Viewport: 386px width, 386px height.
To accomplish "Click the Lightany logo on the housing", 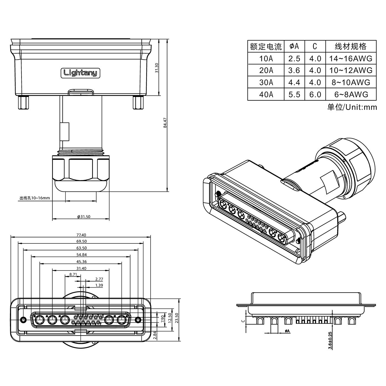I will (80, 73).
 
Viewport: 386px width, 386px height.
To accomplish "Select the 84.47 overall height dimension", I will (165, 123).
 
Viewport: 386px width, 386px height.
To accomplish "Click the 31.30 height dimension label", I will (157, 68).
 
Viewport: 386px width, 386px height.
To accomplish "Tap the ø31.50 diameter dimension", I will (84, 217).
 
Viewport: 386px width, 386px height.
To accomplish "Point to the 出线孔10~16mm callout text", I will (35, 198).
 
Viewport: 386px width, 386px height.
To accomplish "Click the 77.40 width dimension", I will (81, 235).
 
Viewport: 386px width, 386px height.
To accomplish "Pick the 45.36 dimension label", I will (81, 261).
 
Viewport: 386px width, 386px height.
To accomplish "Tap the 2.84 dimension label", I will (155, 335).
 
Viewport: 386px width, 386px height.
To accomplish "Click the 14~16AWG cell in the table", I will (351, 58).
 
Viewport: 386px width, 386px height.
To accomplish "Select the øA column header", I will (294, 46).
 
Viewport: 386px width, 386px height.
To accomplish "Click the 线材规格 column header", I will (351, 46).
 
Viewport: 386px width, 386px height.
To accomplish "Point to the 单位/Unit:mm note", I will (352, 107).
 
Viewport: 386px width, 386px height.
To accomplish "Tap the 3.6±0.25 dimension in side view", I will (330, 340).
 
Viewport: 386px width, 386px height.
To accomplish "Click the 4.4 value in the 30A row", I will (294, 82).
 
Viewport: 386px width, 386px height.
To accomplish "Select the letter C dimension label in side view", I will (243, 320).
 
